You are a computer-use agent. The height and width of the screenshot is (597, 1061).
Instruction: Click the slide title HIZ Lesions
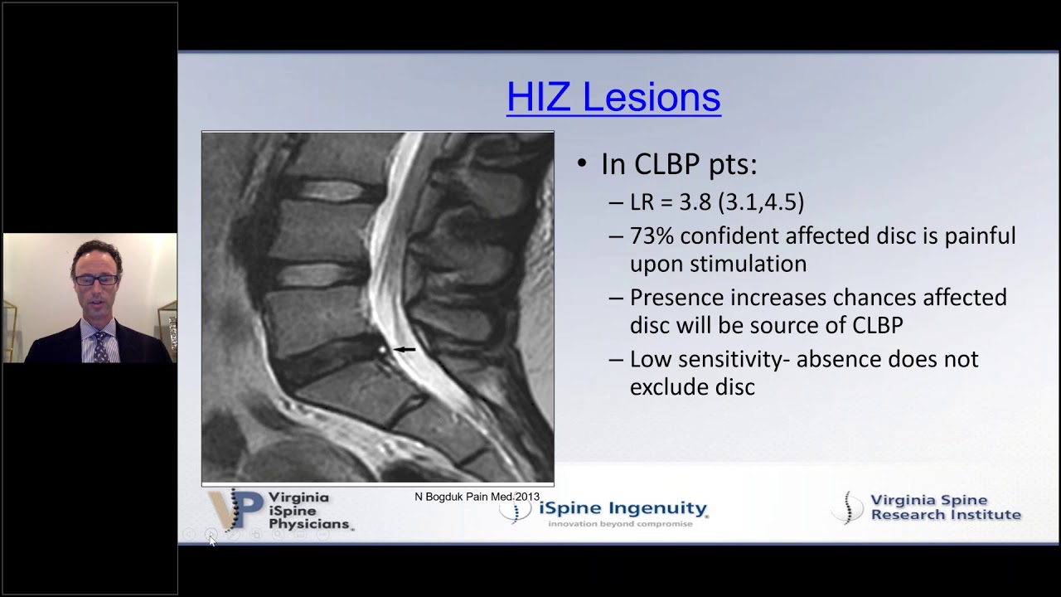[x=613, y=97]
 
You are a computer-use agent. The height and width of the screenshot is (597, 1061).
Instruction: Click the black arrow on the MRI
[x=405, y=350]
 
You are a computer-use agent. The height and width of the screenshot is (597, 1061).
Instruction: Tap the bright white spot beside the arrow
[x=383, y=351]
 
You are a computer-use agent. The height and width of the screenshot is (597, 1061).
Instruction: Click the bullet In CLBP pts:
[x=678, y=164]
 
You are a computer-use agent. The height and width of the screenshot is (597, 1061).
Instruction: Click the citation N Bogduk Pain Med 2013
[x=477, y=497]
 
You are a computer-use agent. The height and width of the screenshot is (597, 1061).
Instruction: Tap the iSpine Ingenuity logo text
[x=623, y=508]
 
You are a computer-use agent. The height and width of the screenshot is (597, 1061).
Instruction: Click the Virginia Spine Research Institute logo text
[x=945, y=507]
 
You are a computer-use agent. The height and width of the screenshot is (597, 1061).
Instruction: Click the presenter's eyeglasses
[x=95, y=280]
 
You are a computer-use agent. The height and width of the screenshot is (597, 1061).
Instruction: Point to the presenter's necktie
[x=99, y=347]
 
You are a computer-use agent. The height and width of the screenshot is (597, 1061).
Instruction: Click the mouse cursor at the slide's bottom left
[x=211, y=540]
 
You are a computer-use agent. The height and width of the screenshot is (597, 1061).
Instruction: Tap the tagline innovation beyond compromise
[x=620, y=524]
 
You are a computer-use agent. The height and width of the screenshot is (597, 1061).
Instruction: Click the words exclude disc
[x=692, y=386]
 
